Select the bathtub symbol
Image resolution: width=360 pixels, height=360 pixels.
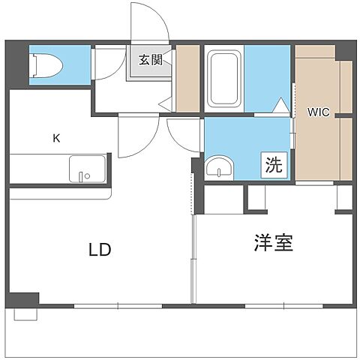[222, 78]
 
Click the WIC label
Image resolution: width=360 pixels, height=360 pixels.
[318, 112]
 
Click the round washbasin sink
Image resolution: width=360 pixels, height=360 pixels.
[218, 168]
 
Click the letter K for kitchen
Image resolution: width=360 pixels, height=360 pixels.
[55, 138]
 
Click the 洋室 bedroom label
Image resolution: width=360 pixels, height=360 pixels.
[273, 243]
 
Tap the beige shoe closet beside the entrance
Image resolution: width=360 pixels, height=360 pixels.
[188, 77]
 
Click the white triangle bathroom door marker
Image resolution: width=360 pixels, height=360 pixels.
[281, 106]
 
